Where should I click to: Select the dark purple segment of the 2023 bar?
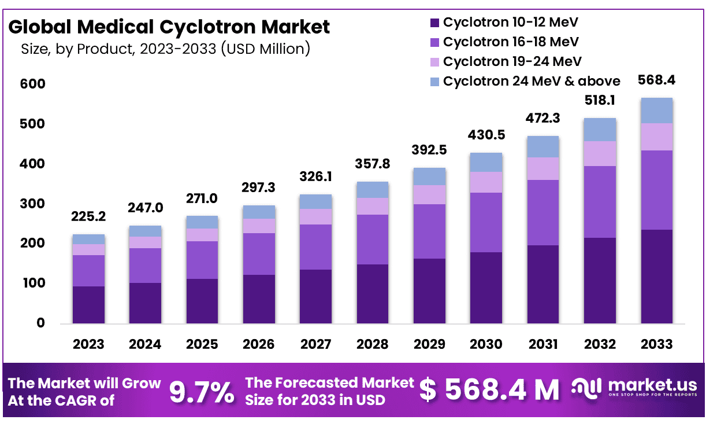[x=88, y=304]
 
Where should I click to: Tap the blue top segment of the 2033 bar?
[x=656, y=111]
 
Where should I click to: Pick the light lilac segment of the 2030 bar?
[x=486, y=182]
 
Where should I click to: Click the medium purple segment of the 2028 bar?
[x=373, y=240]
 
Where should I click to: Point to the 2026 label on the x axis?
[x=259, y=344]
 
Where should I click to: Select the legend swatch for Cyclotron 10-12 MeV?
[x=434, y=23]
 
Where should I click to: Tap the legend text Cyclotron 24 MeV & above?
[x=532, y=81]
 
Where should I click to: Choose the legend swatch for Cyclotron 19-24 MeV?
[x=434, y=61]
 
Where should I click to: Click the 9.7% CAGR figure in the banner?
[x=202, y=392]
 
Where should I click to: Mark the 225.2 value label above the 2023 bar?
[x=88, y=216]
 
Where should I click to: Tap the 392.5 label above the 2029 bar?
[x=429, y=150]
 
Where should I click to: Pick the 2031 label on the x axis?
[x=542, y=344]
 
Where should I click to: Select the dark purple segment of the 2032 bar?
[x=600, y=281]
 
